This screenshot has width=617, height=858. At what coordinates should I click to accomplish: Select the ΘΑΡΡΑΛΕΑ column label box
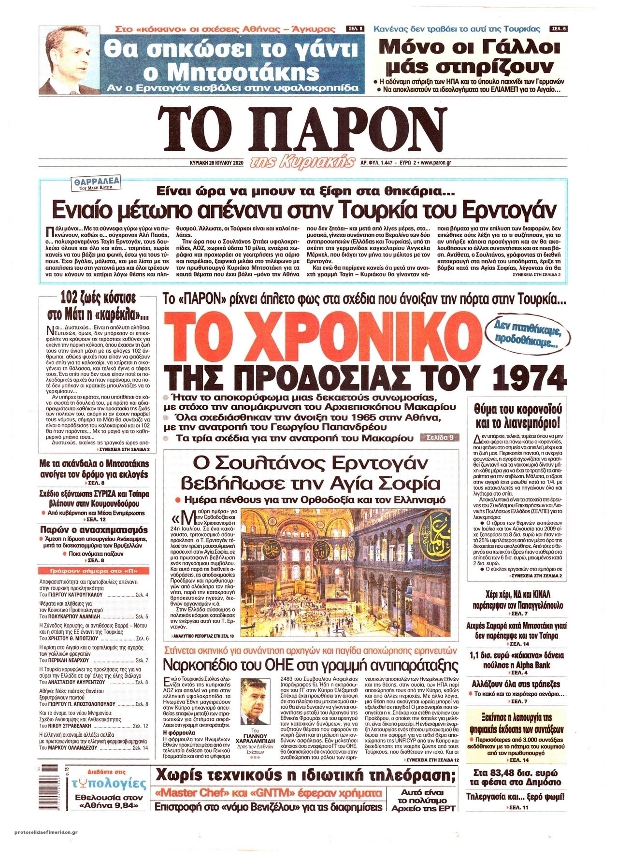tap(95, 184)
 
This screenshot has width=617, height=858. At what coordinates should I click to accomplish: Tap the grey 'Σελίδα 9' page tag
tap(438, 438)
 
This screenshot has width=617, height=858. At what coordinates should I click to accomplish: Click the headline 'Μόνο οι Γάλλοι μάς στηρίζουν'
tap(470, 57)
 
